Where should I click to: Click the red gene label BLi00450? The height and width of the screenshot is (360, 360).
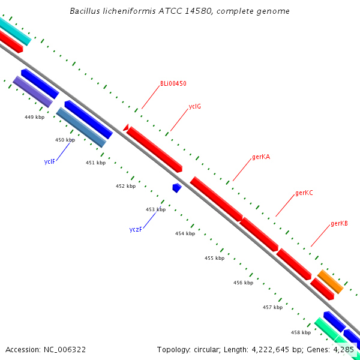pos(173,83)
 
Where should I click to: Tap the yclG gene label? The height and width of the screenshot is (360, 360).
pos(194,107)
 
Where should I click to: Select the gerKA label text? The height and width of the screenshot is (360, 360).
pos(261,157)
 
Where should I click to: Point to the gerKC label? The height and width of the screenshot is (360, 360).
pos(304,193)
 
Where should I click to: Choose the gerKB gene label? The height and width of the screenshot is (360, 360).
pos(339,223)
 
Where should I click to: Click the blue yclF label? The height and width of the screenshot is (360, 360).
pos(50,161)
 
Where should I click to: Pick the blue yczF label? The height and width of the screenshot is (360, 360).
pos(136,229)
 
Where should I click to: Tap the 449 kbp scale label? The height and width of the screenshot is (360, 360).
pos(34,117)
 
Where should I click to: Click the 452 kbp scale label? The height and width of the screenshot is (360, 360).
pos(125,186)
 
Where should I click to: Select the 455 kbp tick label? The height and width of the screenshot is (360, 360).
pos(214,258)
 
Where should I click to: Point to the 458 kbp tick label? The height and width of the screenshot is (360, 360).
pos(301,332)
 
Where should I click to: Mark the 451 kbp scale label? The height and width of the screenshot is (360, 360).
pos(96,163)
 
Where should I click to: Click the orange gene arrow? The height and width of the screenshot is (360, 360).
pos(331,282)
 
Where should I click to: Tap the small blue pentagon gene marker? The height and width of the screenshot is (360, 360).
pos(177,188)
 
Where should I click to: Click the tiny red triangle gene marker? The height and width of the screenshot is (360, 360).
pos(126,127)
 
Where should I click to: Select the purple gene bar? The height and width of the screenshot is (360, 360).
pos(32,92)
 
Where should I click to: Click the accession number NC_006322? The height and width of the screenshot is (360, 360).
pos(65,350)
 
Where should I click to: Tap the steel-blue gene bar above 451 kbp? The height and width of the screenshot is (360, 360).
pos(81,127)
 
